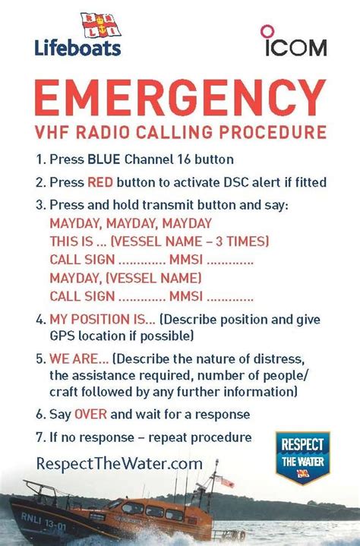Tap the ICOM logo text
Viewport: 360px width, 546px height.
[x=295, y=47]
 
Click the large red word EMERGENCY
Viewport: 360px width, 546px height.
[x=180, y=98]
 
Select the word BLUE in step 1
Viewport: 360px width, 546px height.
[x=103, y=160]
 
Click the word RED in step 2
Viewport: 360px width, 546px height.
[x=101, y=183]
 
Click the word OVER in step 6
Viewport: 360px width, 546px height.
[x=89, y=415]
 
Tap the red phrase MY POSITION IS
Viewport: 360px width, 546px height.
[x=102, y=317]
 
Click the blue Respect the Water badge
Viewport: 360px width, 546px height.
[x=302, y=458]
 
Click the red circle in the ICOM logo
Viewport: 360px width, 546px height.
[x=267, y=31]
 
